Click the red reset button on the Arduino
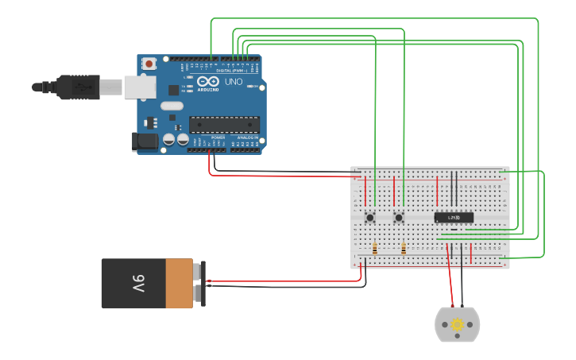coord(149,64)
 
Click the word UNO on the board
coord(234,82)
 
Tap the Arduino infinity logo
coord(208,82)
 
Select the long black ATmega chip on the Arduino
coord(224,124)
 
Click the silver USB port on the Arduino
coord(140,87)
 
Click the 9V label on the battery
coord(138,283)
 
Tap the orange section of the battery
coord(179,283)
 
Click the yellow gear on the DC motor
coord(458,324)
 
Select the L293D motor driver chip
coord(454,217)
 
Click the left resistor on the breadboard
coord(374,249)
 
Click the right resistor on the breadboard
coord(404,249)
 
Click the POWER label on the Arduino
coord(218,137)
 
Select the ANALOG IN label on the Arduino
coord(246,137)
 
